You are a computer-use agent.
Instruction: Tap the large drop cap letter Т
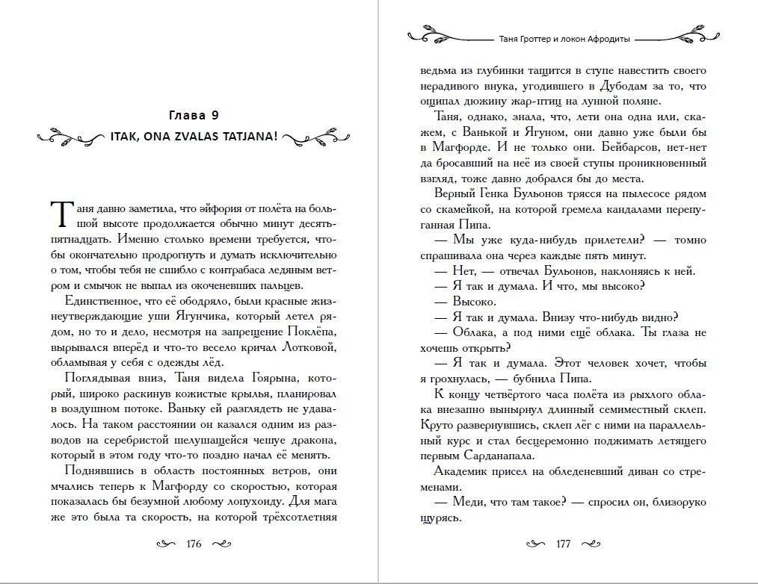tap(61, 214)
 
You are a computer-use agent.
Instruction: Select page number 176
tap(194, 544)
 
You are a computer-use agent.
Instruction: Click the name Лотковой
tap(308, 348)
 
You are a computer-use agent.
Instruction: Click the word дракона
tap(308, 439)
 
